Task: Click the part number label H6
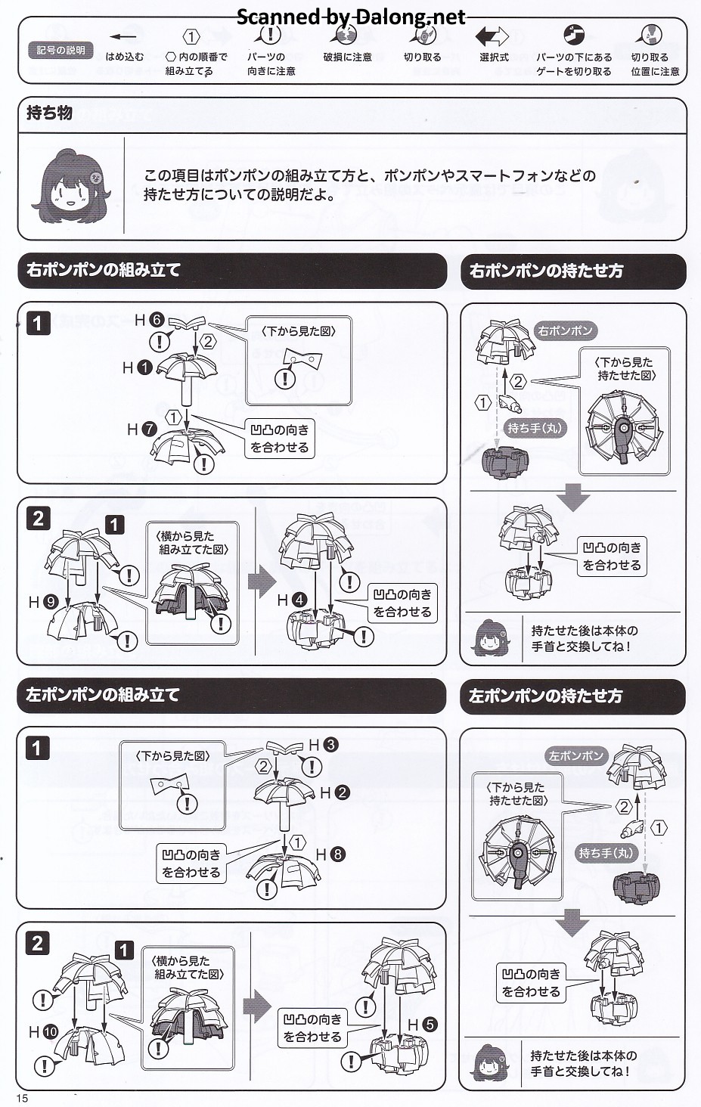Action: [149, 320]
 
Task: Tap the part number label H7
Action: [141, 429]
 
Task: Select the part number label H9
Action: [43, 602]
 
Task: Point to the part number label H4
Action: [292, 600]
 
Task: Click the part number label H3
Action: [322, 745]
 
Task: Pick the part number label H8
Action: [330, 854]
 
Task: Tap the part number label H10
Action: [43, 1031]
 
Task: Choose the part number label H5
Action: [422, 1025]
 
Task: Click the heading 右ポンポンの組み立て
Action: [104, 270]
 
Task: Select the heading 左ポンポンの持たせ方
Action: [545, 696]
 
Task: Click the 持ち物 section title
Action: [49, 113]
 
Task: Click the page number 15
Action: [22, 1098]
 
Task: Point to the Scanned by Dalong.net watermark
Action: [351, 17]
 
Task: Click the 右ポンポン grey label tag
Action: [565, 330]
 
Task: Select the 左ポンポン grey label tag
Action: [575, 755]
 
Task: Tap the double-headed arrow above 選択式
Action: [492, 36]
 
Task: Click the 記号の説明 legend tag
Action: [61, 51]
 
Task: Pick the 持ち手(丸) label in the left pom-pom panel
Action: [606, 853]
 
